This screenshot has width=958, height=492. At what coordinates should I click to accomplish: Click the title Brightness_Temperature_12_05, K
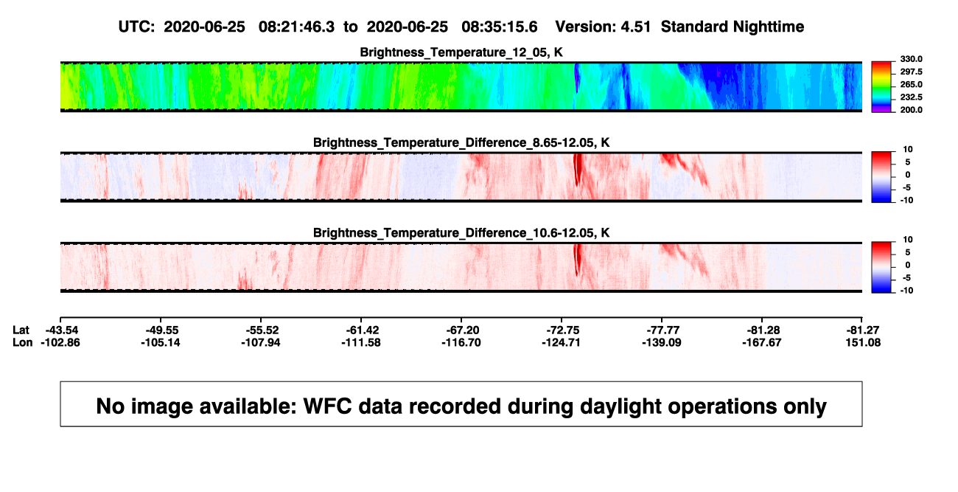pos(461,52)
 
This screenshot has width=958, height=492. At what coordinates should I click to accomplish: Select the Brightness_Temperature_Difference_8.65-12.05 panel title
pos(461,142)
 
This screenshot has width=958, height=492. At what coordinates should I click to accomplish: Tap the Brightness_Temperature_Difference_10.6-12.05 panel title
pos(461,233)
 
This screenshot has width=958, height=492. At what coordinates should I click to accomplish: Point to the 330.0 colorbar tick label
pos(911,59)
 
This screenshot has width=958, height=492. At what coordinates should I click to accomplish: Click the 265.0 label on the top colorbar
pos(911,84)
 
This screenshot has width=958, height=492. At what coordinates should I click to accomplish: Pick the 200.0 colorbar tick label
pos(911,110)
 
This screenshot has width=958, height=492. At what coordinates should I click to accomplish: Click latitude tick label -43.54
pos(62,330)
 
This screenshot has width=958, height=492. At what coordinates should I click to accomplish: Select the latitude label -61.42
pos(363,330)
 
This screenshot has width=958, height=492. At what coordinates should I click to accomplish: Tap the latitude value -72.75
pos(562,330)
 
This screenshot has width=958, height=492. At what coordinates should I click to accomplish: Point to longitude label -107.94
pos(260,342)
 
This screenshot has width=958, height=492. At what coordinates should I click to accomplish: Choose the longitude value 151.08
pos(863,342)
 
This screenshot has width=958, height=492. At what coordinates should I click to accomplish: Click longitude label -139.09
pos(661,342)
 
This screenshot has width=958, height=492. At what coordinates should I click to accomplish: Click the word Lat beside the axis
pos(21,330)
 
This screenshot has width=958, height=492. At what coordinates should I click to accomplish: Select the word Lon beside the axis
pos(22,342)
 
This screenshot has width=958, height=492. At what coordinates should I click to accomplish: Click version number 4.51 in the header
pos(635,27)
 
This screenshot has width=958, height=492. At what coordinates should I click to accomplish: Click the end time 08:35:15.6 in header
pos(499,27)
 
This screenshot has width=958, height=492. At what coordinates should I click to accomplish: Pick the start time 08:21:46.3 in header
pos(296,27)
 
